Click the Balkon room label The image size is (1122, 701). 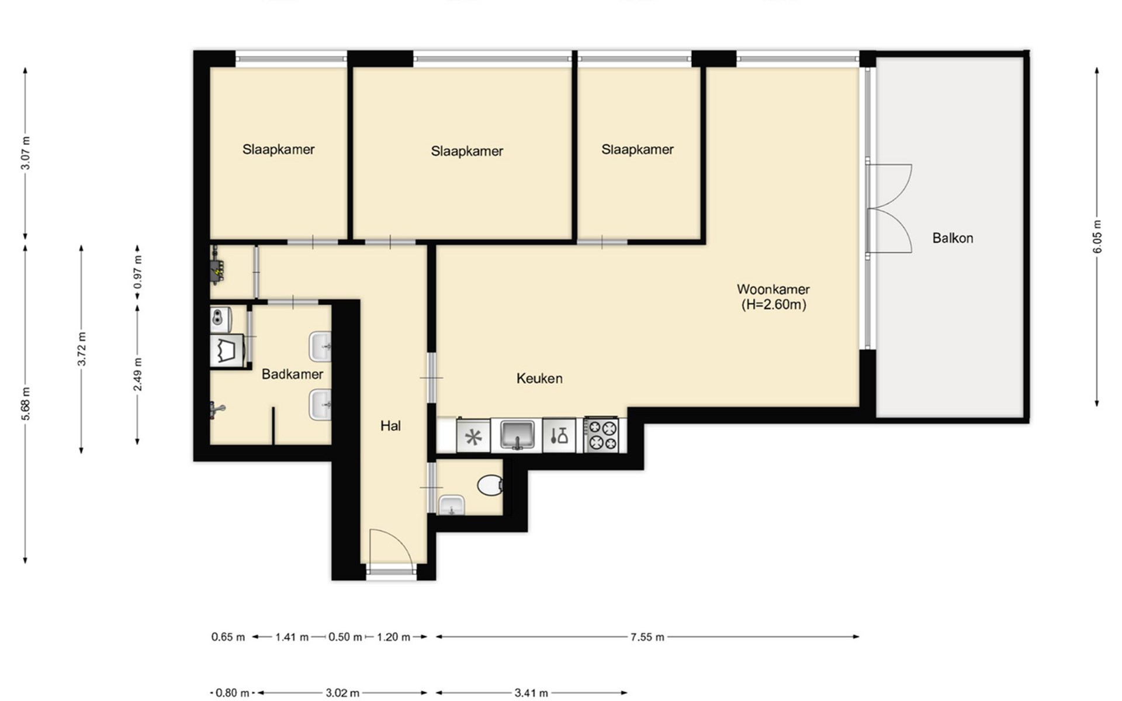click(953, 238)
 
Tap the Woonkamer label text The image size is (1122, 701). click(773, 289)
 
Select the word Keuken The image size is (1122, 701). click(539, 379)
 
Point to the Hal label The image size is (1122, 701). click(390, 426)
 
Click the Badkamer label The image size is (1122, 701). click(292, 374)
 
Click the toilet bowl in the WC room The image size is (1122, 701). click(490, 485)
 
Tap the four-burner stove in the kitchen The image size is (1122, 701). click(602, 435)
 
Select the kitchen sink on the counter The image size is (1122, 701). click(517, 435)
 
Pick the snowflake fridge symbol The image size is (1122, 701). click(473, 436)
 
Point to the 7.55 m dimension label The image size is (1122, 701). click(647, 637)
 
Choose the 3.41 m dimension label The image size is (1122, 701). click(531, 693)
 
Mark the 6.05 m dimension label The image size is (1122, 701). click(1097, 237)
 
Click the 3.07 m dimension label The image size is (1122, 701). click(25, 153)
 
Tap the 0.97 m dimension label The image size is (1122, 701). click(138, 272)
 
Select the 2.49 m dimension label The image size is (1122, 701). click(138, 374)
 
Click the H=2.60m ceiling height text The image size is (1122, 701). click(774, 304)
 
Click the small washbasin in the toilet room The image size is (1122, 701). click(452, 506)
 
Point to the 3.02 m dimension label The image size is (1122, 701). click(342, 693)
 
